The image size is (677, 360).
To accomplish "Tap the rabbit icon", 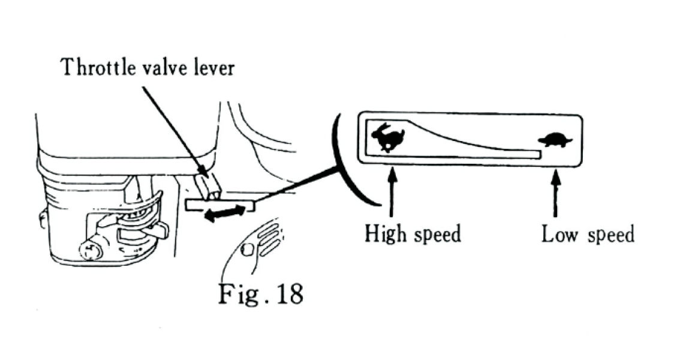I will click(x=387, y=137).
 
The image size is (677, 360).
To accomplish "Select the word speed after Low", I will click(x=610, y=234).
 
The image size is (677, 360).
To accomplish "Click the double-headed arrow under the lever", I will click(x=225, y=213).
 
